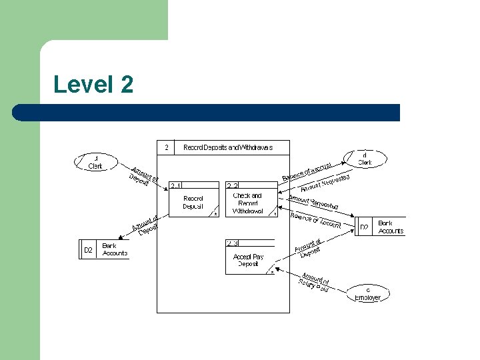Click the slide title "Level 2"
pyautogui.click(x=93, y=85)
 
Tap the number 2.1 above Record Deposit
pyautogui.click(x=177, y=185)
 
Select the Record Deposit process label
pyautogui.click(x=193, y=202)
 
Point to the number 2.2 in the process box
pyautogui.click(x=233, y=185)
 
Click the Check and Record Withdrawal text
pyautogui.click(x=248, y=203)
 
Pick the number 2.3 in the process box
pyautogui.click(x=233, y=243)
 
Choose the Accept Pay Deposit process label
pyautogui.click(x=248, y=260)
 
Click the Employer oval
pyautogui.click(x=367, y=293)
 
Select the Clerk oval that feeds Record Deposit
pyautogui.click(x=95, y=162)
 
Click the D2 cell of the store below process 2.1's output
pyautogui.click(x=88, y=250)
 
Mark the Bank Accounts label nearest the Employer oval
pyautogui.click(x=390, y=227)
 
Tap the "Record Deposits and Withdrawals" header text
pyautogui.click(x=228, y=147)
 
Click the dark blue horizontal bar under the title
pyautogui.click(x=207, y=113)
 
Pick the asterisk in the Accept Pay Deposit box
pyautogui.click(x=272, y=272)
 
